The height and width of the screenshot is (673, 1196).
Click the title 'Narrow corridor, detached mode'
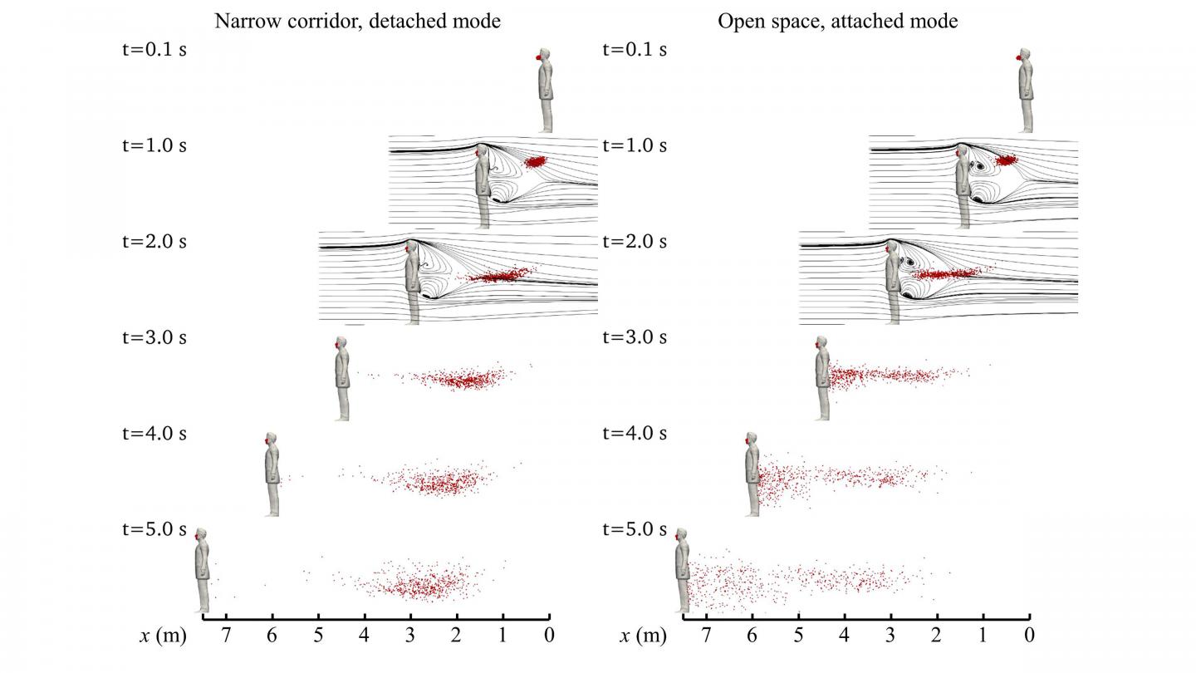[357, 22]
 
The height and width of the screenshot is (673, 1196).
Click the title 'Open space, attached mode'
[837, 22]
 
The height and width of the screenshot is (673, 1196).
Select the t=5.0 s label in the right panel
[635, 529]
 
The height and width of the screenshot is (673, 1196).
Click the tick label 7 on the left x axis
[225, 636]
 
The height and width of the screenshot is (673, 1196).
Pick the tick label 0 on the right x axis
[1029, 636]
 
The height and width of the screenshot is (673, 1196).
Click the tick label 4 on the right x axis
[845, 636]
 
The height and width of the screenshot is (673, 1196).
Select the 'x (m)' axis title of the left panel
[159, 636]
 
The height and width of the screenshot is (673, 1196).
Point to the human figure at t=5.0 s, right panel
[682, 573]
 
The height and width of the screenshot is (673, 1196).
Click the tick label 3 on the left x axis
[410, 636]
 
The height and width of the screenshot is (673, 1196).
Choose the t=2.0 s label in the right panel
[635, 242]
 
